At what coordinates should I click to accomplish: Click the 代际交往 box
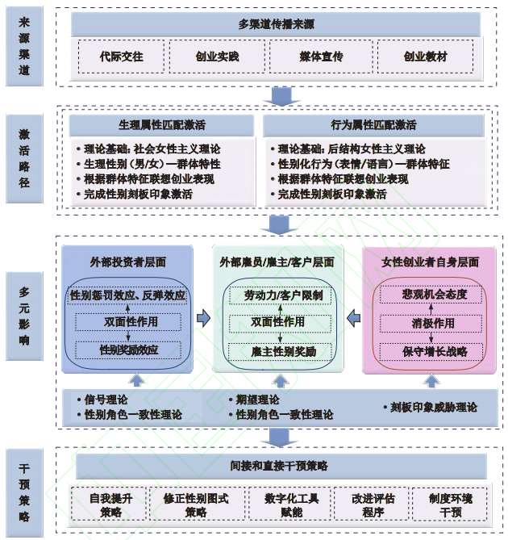121,57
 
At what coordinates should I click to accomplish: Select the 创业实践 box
217,57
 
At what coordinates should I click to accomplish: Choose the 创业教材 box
425,57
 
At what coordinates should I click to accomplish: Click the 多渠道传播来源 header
277,24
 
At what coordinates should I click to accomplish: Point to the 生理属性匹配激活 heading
162,125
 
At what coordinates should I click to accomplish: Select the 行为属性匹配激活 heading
373,125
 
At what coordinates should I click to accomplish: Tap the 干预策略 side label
24,492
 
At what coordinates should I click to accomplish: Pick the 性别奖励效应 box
128,350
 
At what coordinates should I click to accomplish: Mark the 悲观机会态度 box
435,295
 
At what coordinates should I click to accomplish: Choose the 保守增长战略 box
435,350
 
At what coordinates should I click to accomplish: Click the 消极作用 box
435,323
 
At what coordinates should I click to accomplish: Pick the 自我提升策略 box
111,505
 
